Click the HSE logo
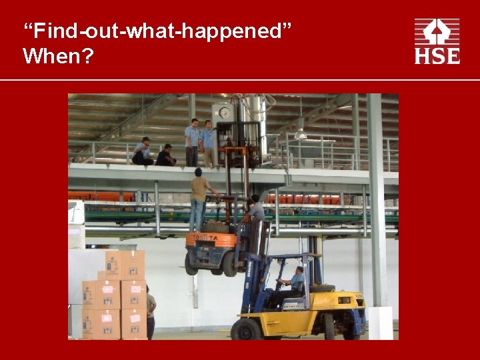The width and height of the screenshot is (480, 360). tap(437, 41)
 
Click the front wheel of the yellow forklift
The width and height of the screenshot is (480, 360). tap(247, 329)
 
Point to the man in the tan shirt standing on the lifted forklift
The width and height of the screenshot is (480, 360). tap(198, 197)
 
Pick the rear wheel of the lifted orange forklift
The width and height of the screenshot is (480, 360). tap(230, 264)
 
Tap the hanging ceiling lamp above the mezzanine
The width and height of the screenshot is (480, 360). tap(301, 133)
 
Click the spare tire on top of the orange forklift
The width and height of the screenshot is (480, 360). tap(215, 227)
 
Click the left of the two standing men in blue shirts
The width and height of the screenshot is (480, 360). tap(193, 142)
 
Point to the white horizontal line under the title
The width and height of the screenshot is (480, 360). tap(240, 80)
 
